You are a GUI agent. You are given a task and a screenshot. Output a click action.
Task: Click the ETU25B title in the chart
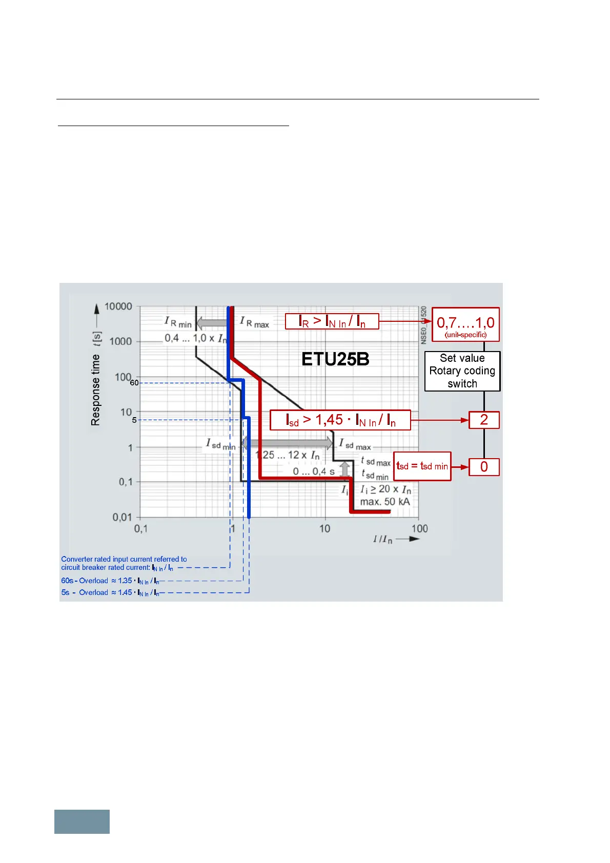335,359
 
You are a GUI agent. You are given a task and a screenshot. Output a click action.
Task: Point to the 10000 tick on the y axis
118,306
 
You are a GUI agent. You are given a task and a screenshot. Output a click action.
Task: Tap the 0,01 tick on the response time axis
123,517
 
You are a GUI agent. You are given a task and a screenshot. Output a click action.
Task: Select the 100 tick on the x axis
419,528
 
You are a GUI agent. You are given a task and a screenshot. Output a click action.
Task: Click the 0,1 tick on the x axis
141,528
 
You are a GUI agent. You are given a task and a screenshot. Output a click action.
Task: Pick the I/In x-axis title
383,539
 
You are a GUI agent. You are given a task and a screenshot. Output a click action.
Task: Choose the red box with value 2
484,420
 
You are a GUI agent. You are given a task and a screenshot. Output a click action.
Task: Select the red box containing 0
484,467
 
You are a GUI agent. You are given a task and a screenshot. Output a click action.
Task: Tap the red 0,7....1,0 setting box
465,324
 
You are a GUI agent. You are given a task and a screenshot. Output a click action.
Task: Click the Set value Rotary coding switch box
462,371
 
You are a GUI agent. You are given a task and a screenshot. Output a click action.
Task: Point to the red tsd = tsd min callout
422,466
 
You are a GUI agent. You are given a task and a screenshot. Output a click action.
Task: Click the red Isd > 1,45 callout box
340,420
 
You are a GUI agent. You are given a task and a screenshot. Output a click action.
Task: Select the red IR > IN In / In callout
332,321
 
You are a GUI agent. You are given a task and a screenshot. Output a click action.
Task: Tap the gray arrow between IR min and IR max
212,323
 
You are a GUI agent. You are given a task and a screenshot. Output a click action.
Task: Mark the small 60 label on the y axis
134,383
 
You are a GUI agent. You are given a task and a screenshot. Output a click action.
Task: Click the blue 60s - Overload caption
110,581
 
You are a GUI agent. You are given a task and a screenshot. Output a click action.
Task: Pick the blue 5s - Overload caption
110,592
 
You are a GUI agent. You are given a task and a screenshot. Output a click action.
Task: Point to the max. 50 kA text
385,502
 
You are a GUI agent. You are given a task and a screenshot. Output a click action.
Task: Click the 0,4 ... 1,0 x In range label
195,338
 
